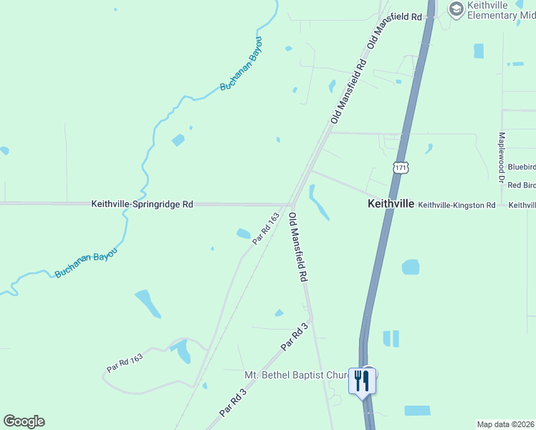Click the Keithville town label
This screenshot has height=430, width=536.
pos(391,204)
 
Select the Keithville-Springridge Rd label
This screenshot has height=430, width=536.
pos(142,204)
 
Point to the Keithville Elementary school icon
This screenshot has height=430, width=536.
pos(455,9)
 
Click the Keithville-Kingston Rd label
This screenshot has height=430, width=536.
pos(456,205)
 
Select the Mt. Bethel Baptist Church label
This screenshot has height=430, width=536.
pos(296,375)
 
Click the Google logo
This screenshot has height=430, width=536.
pos(24,421)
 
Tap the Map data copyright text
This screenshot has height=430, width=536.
pos(506,424)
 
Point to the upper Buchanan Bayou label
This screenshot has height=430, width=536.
pos(241,65)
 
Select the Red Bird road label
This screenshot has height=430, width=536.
pos(521,185)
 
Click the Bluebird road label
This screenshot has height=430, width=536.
pos(521,167)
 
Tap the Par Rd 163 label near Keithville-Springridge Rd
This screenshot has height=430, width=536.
pos(265,228)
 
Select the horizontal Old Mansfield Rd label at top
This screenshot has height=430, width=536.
pos(393,16)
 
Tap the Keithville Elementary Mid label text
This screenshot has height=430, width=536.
pos(497,10)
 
